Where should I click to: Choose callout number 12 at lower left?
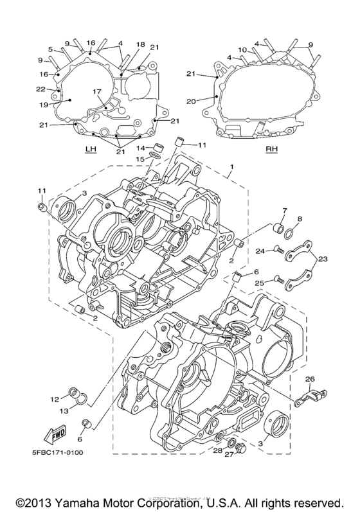[55, 398]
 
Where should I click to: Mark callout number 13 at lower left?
[64, 411]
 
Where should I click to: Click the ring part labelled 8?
[289, 233]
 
